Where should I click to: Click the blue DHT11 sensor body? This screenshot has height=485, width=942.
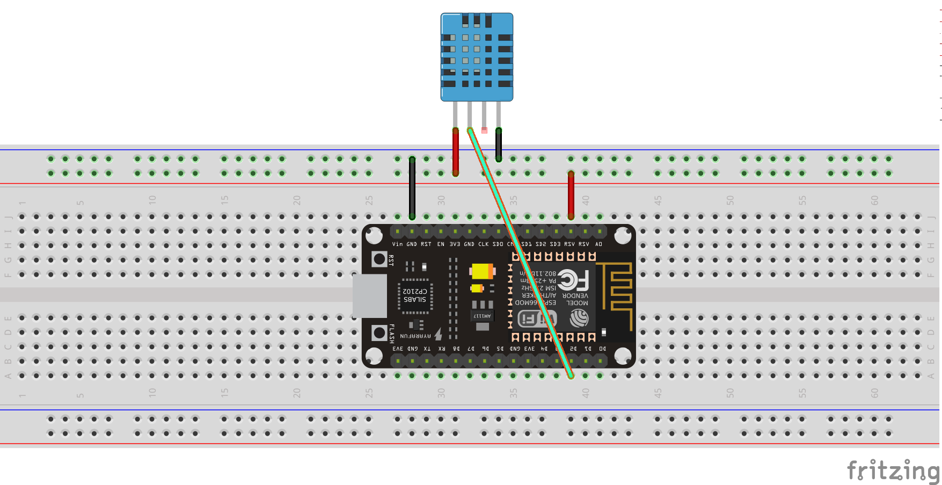click(x=477, y=56)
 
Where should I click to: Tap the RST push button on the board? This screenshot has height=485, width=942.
click(x=379, y=259)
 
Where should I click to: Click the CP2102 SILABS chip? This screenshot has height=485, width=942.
click(x=415, y=295)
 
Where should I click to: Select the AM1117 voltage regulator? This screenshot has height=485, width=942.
click(x=482, y=316)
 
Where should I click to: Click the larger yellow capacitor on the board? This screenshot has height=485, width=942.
click(x=482, y=271)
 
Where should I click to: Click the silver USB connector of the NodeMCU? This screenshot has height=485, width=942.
click(x=369, y=296)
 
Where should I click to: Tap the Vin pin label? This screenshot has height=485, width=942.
click(x=397, y=244)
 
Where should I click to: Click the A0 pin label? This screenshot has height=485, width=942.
click(x=598, y=244)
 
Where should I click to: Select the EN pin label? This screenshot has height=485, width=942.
click(x=441, y=244)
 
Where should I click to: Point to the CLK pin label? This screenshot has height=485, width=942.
click(x=484, y=244)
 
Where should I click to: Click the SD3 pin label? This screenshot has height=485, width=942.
click(x=555, y=244)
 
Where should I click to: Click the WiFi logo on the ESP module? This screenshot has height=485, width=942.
click(x=537, y=319)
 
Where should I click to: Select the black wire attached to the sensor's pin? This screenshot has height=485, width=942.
click(x=499, y=144)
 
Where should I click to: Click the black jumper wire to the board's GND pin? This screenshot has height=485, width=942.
click(x=412, y=188)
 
